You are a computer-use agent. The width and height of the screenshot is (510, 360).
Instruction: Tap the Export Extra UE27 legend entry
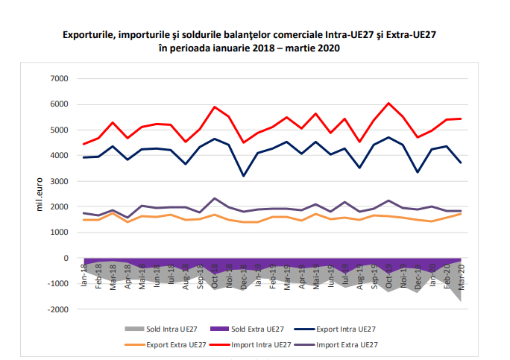172,344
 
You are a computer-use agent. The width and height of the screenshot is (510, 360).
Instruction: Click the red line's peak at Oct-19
389,104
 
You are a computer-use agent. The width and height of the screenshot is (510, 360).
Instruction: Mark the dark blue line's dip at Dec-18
243,176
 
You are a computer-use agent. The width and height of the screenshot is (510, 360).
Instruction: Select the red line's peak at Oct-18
215,107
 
